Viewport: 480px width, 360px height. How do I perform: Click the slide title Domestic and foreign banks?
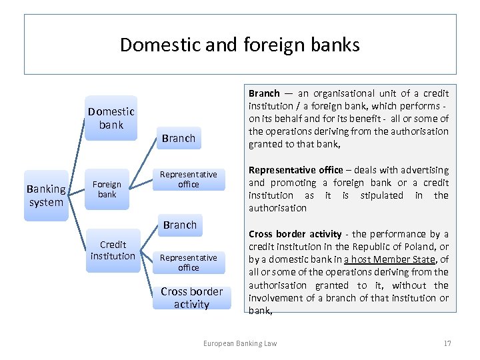coord(240,45)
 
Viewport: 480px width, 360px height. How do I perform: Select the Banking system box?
coord(46,195)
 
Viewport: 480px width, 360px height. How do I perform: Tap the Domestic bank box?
coord(111,118)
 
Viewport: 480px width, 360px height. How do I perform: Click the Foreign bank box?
coord(107,189)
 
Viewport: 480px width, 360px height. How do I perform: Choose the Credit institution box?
coord(113,250)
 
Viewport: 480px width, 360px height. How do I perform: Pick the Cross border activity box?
coord(192,297)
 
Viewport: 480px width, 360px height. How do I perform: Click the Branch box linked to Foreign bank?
coord(179,138)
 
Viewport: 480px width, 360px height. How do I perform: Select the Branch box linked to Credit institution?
coord(180,225)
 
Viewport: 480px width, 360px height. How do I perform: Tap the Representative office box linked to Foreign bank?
coord(189,179)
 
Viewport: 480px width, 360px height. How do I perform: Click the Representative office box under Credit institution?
coord(189,262)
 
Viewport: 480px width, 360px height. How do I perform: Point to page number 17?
coord(447,343)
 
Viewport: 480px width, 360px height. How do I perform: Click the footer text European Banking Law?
coord(240,343)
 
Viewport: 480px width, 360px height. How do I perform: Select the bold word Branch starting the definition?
coord(264,93)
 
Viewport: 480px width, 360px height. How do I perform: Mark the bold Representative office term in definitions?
coord(295,170)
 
